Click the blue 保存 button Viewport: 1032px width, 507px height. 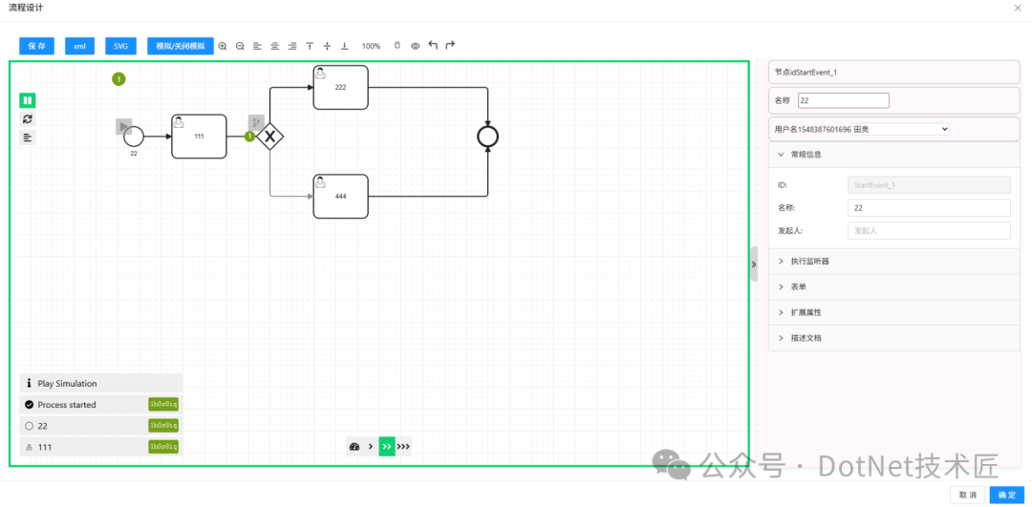(x=36, y=46)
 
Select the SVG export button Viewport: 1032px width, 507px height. (x=120, y=46)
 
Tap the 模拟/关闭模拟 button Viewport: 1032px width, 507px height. (x=181, y=46)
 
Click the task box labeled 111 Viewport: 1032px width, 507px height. (x=199, y=137)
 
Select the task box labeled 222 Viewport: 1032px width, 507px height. (x=340, y=87)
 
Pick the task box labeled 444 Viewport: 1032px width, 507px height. (x=340, y=196)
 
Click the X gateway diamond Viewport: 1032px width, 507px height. (x=270, y=137)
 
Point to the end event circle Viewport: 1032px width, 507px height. (x=488, y=137)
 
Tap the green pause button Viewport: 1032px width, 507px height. (x=28, y=100)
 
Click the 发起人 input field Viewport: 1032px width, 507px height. (x=929, y=230)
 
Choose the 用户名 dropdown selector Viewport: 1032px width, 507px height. (x=861, y=128)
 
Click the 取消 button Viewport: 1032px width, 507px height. (x=968, y=495)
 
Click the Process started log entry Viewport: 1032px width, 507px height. (x=67, y=405)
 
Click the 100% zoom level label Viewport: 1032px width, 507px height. (x=371, y=46)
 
